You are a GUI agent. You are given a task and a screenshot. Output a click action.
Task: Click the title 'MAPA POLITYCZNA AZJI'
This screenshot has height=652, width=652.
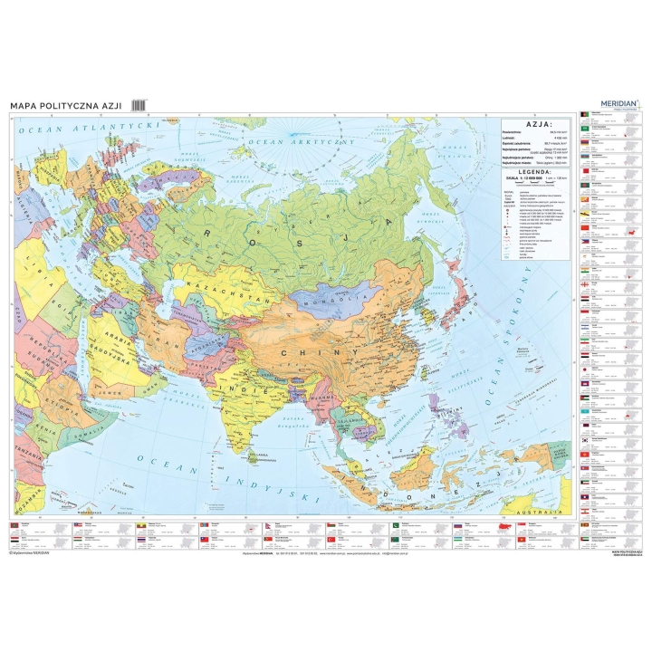[x=65, y=106]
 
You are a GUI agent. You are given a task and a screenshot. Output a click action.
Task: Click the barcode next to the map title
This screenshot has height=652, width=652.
[x=139, y=106]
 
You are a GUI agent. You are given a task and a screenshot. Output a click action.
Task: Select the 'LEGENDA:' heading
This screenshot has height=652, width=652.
[x=537, y=171]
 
